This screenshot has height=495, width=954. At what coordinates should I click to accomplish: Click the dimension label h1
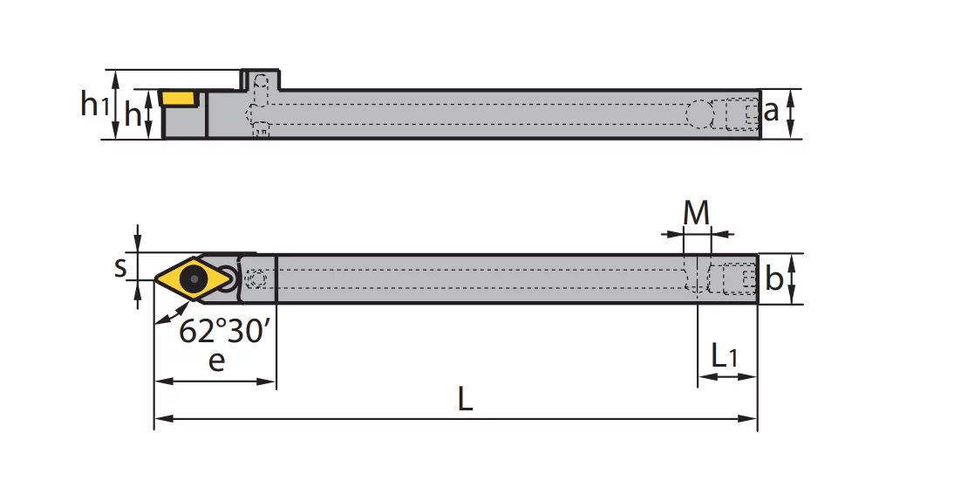[x=94, y=104]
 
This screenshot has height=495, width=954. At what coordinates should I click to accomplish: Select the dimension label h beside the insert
[x=132, y=113]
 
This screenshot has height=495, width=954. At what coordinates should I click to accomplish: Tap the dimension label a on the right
[x=771, y=112]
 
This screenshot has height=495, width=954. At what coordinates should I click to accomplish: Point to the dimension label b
[x=773, y=278]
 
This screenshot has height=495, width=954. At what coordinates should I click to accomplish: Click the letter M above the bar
[x=696, y=213]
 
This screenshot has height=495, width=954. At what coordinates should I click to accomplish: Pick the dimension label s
[x=120, y=267]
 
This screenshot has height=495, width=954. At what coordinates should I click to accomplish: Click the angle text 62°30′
[x=224, y=331]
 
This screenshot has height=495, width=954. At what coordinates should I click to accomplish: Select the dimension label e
[x=216, y=361]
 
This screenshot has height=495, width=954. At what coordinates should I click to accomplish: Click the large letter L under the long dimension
[x=465, y=400]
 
